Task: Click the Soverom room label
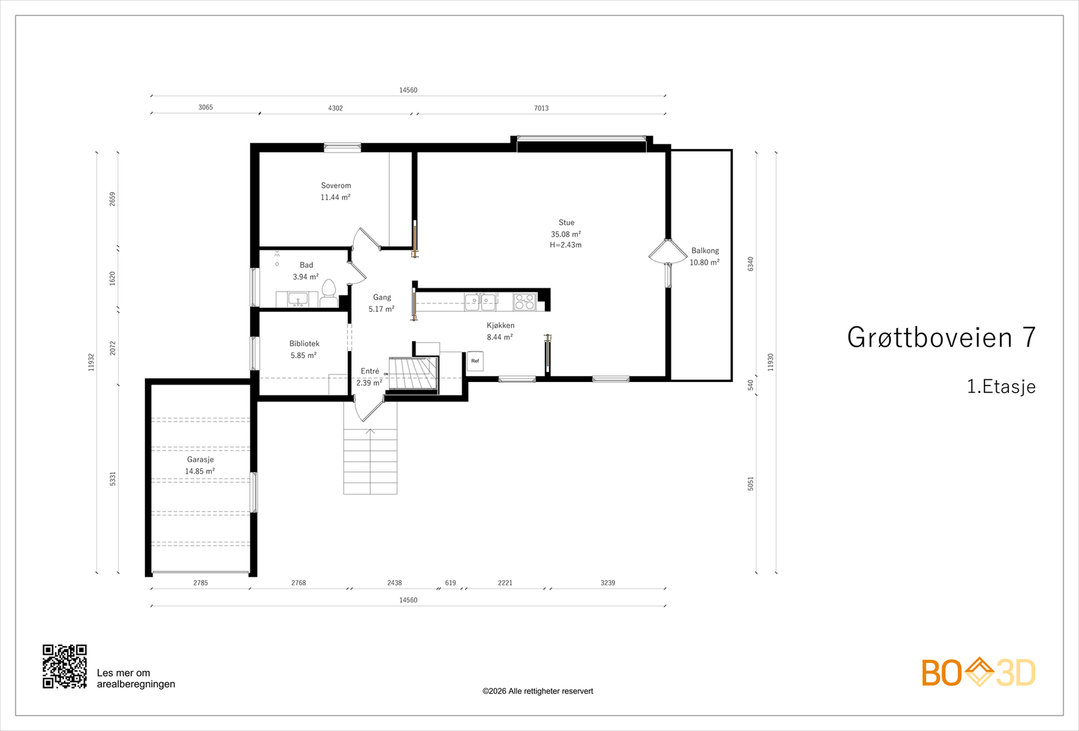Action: coord(336,185)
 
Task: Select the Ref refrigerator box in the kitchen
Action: coord(475,361)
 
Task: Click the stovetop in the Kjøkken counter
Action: coord(525,301)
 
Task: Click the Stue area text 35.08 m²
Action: coord(566,234)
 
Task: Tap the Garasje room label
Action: coord(200,459)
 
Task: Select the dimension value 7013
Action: coord(541,108)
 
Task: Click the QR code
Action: coord(65,666)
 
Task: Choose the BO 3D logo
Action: coord(978,672)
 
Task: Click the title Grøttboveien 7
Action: coord(941,338)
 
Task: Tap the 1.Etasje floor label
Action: coord(1001,387)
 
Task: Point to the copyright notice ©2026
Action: coord(537,691)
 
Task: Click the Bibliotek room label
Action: coord(304,344)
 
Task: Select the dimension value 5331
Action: coord(113,478)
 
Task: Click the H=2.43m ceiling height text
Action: coord(566,245)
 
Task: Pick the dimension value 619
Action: coord(450,583)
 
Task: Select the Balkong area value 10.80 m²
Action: coord(704,263)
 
